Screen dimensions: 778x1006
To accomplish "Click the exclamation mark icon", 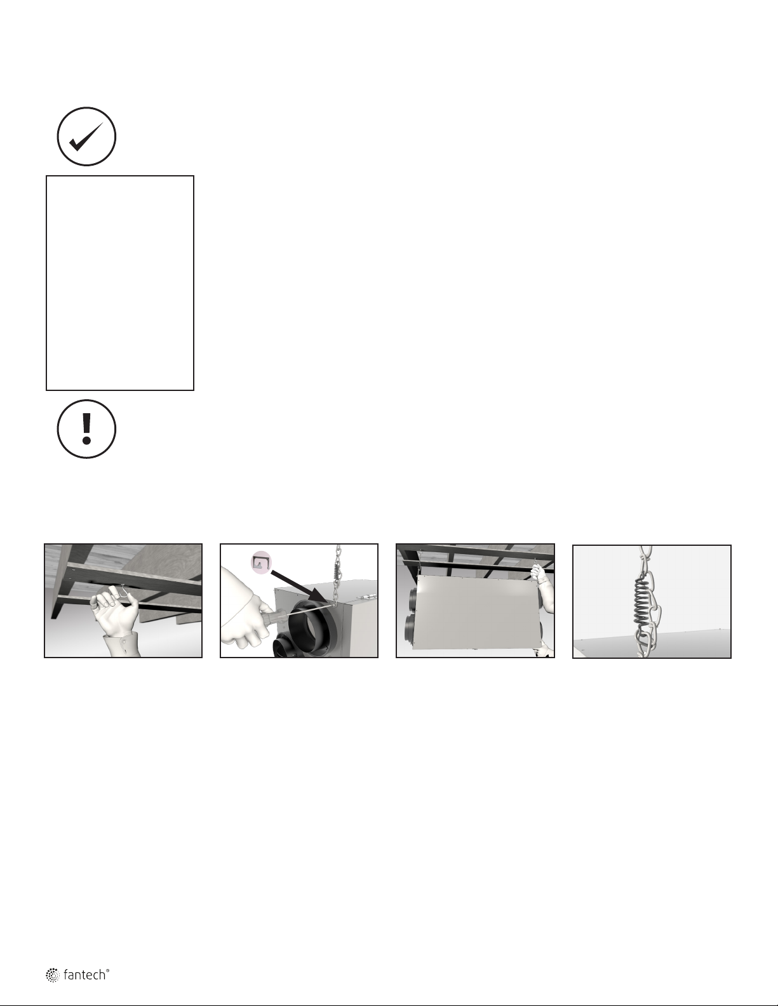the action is [86, 428].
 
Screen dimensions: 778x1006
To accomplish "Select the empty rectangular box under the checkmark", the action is [120, 283].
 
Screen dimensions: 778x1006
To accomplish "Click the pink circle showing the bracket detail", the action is [261, 562].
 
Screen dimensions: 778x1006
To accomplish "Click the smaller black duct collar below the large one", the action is [286, 646].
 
